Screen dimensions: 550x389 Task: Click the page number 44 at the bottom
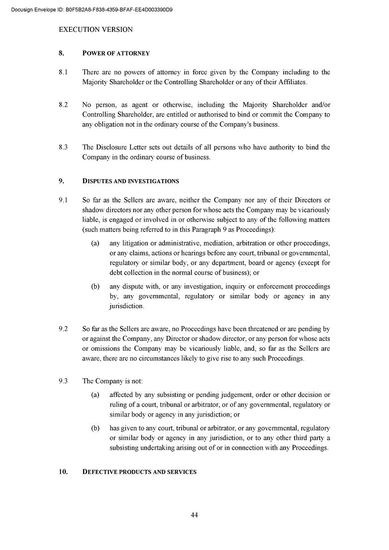point(194,515)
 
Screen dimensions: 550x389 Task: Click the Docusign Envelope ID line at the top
point(92,9)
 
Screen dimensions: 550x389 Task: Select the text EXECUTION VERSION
point(95,30)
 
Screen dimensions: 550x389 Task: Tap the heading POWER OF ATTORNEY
point(116,53)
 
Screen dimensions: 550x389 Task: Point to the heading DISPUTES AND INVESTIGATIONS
point(130,181)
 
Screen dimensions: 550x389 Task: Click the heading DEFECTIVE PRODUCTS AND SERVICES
point(139,472)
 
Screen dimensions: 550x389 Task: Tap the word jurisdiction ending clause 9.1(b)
point(126,306)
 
